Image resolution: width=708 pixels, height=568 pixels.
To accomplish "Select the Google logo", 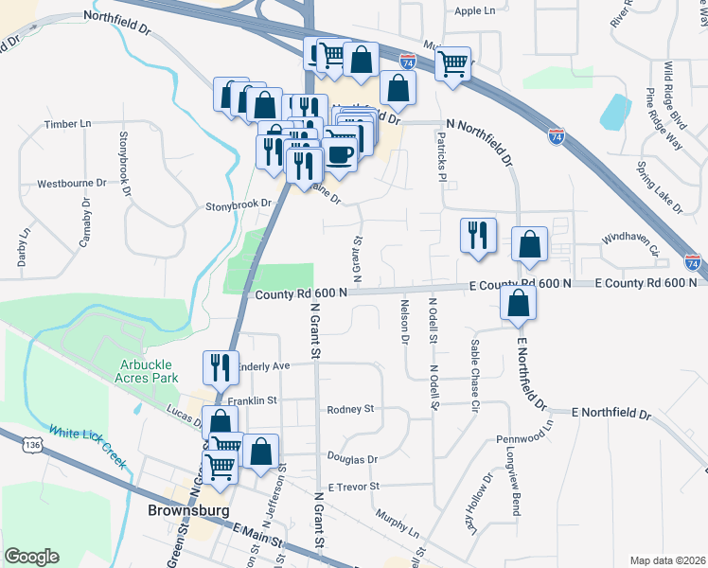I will pos(31,557).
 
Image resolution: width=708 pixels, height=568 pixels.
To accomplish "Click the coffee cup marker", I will pos(340,155).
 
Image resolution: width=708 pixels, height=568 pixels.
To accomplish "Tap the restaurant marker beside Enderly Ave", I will pos(221,366).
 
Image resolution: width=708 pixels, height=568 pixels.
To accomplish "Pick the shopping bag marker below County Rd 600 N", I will pos(518,304).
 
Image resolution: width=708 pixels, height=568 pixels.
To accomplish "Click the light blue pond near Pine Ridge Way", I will pos(615,113).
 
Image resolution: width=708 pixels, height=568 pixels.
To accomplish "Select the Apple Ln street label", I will pos(474,11).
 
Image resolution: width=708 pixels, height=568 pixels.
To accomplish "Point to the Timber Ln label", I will pos(67,123).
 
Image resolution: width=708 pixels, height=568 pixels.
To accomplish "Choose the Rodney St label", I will pos(350,410).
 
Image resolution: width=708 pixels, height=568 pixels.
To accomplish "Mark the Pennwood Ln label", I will pos(523,439).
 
